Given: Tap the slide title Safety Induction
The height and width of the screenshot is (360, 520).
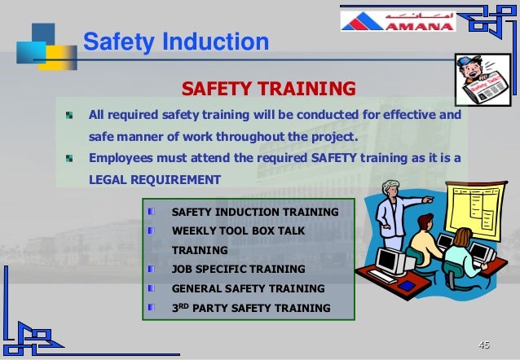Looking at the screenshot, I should point(176,42).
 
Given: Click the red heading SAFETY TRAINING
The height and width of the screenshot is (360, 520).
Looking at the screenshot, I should point(268,88).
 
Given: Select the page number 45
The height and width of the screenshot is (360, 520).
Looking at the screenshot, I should point(484,345).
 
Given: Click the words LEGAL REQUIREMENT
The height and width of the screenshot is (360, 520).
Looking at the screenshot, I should point(155,179).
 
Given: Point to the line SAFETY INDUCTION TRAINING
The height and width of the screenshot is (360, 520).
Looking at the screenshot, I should point(255,212).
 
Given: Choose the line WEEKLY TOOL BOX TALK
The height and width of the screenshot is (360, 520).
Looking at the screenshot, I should point(238,231).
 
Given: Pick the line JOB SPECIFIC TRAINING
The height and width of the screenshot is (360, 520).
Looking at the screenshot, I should point(238,269).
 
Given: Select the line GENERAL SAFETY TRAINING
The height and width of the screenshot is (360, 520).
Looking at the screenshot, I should point(248,288).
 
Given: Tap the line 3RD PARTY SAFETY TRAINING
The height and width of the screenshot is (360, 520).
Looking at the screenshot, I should point(251,308).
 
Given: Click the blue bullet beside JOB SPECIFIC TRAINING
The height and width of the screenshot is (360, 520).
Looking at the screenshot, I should point(152,269).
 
